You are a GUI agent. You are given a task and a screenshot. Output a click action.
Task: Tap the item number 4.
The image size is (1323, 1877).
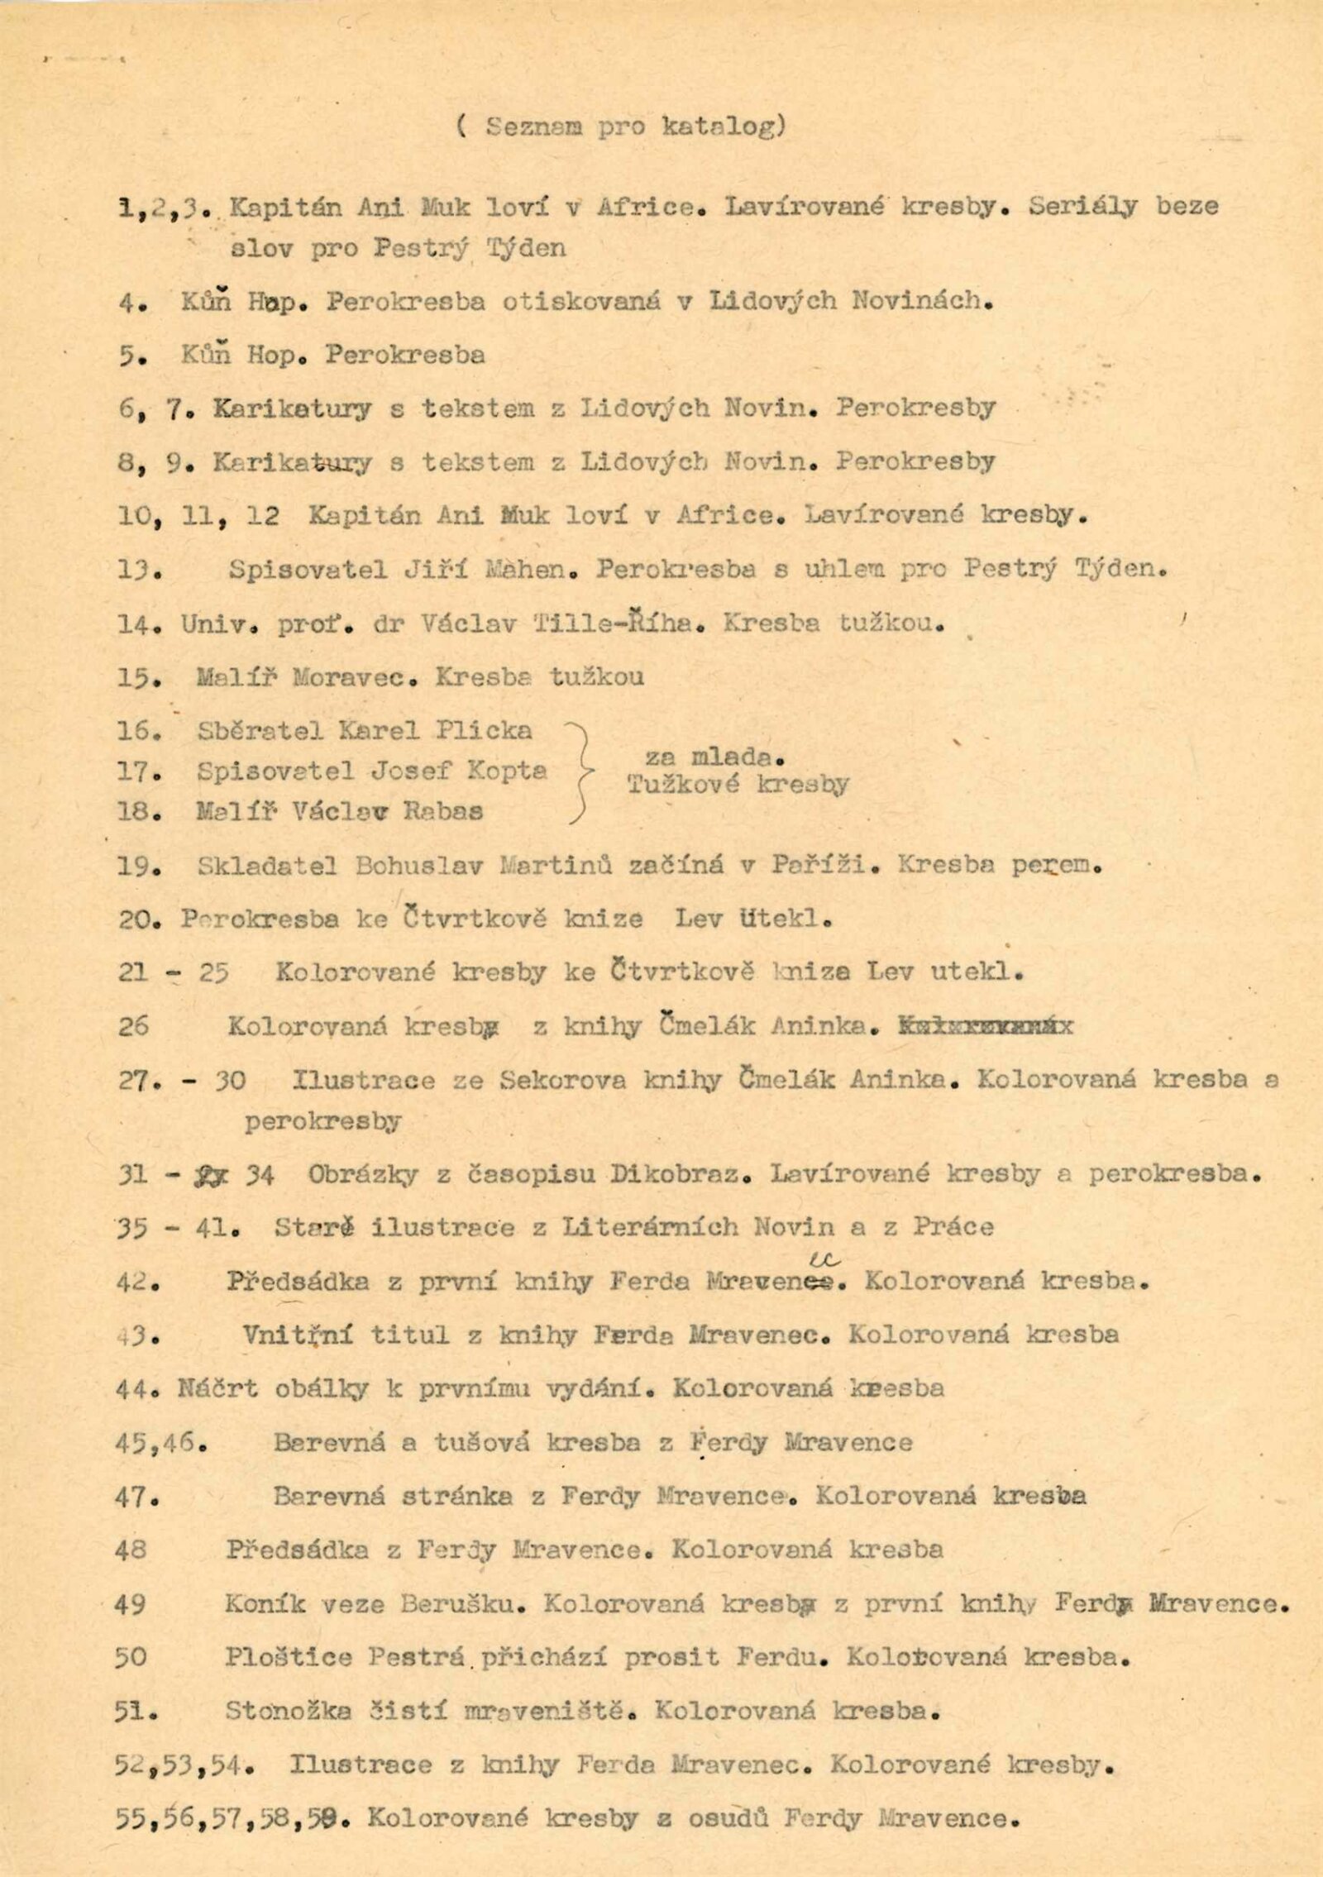(x=131, y=303)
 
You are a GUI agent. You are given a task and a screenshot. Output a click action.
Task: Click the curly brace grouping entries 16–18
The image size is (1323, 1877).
(x=582, y=771)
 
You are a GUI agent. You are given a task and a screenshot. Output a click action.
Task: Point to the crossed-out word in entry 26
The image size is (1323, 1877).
(x=984, y=1027)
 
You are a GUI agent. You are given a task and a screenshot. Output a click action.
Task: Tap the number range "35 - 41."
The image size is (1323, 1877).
(x=179, y=1227)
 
